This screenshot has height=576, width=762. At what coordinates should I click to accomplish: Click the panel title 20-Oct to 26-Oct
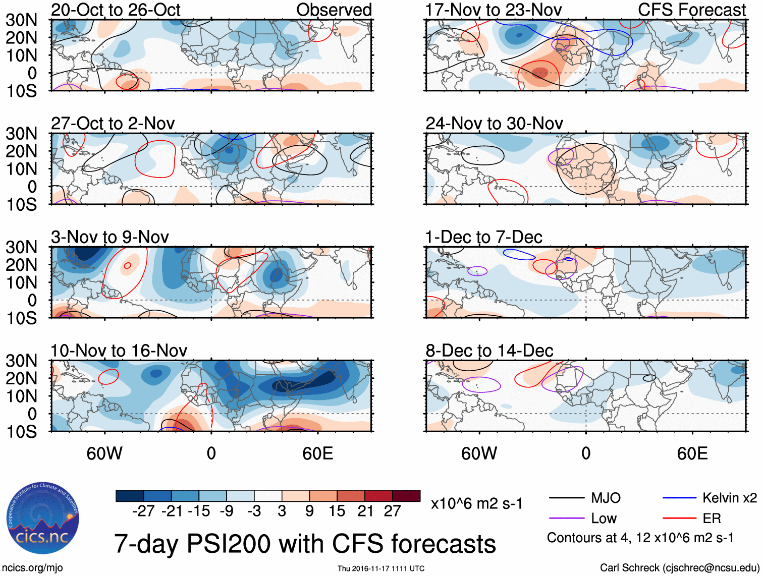(x=116, y=10)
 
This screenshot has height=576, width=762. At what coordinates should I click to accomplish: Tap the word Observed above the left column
(x=334, y=10)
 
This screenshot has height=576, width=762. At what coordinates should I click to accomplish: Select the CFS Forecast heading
(x=691, y=10)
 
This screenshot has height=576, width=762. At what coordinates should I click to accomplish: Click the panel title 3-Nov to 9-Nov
(x=110, y=237)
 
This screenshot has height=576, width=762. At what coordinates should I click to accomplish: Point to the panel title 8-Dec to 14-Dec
(x=489, y=350)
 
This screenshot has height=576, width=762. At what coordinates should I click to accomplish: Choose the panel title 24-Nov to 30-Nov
(x=494, y=123)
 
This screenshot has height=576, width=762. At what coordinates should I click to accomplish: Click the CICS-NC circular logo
(x=42, y=519)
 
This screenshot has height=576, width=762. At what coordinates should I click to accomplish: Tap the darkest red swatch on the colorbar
(x=406, y=496)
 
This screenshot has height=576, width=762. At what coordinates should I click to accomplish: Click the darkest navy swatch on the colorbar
(x=130, y=496)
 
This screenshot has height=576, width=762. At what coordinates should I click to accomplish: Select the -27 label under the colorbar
(x=143, y=511)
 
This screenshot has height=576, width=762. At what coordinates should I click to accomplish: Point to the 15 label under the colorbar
(x=337, y=511)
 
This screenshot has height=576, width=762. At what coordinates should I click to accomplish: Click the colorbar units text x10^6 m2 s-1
(x=476, y=503)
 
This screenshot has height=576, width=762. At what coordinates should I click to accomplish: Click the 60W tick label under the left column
(x=104, y=453)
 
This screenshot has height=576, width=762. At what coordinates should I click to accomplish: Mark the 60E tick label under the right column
(x=692, y=453)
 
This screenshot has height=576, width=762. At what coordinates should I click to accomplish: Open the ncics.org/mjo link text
(x=32, y=568)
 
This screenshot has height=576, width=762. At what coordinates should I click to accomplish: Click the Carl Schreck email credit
(x=679, y=568)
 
